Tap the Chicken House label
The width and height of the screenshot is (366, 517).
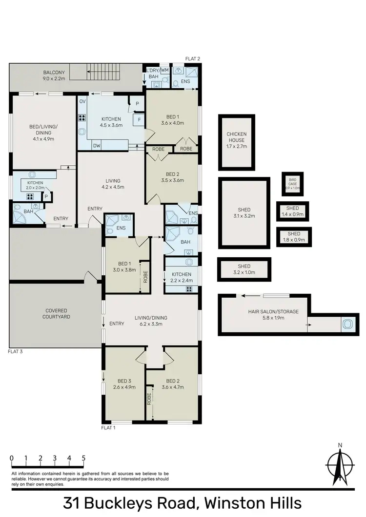coord(236,139)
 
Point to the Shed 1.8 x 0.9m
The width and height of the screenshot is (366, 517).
coord(294,236)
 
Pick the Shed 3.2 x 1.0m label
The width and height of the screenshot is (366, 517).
coord(244,269)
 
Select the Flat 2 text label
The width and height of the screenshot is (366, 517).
coord(193,58)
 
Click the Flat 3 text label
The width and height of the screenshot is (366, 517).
coord(15,351)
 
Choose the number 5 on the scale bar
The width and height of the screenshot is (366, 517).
coord(84,458)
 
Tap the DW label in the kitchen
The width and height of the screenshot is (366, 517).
coord(96,145)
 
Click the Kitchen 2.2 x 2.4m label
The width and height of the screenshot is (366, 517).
coord(181,277)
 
